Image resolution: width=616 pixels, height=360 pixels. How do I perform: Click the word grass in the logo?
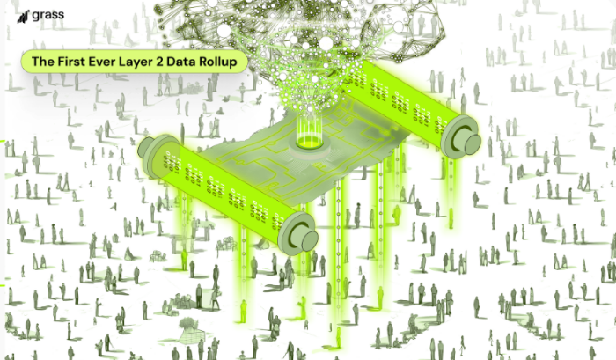(48, 15)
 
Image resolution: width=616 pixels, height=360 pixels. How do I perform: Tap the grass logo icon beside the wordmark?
(24, 17)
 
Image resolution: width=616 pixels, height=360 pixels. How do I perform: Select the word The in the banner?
(43, 62)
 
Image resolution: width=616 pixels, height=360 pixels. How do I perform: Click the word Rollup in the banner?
(217, 62)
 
